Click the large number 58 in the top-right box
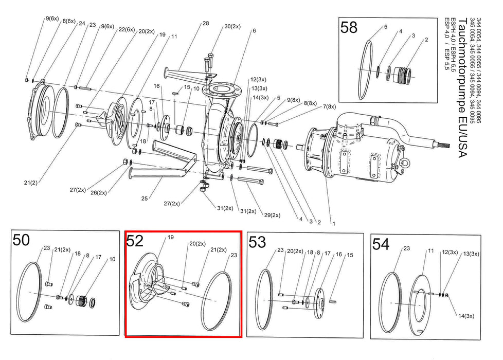point(349,27)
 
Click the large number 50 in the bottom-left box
point(22,241)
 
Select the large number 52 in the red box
point(136,242)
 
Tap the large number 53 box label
point(257,241)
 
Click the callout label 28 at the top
point(206,24)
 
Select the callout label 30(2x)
point(232,27)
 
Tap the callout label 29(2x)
point(272,214)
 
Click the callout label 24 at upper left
point(81,23)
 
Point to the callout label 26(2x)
point(99,193)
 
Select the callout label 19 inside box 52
point(171,238)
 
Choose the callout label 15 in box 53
point(350,255)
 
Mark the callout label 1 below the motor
point(333,224)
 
